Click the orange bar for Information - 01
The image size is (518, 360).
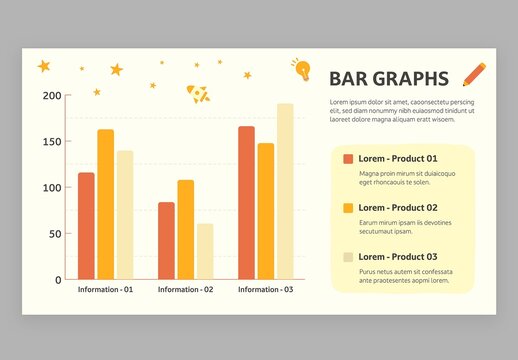[x=86, y=226]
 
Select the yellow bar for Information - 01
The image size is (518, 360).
[x=105, y=204]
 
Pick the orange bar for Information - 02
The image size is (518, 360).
[x=166, y=241]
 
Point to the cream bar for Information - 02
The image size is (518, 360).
[x=204, y=251]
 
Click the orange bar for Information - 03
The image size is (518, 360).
[x=246, y=203]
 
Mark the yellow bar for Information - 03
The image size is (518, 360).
[x=265, y=211]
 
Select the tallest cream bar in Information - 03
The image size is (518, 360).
[x=285, y=191]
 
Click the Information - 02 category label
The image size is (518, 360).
[x=185, y=290]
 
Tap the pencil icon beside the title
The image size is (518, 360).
[x=475, y=74]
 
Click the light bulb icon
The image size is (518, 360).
[x=301, y=69]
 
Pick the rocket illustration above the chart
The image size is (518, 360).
[x=199, y=94]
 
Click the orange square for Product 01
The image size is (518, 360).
[x=348, y=159]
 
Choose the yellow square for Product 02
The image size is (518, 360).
[x=348, y=208]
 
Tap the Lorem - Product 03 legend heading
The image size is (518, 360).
[x=398, y=257]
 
